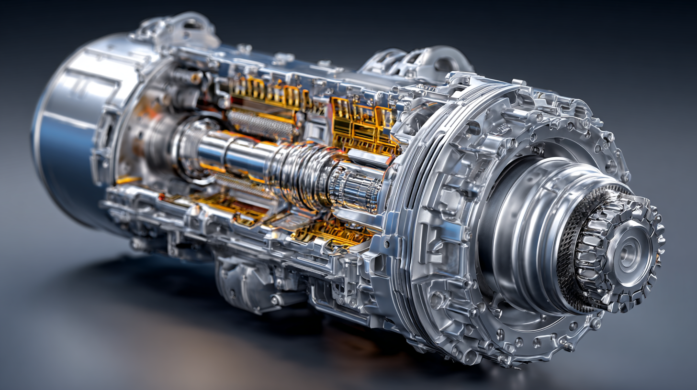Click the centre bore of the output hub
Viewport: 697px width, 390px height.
(628, 254)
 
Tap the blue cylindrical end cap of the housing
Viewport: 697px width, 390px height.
(62, 143)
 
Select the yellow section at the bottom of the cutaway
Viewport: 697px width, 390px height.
(330, 232)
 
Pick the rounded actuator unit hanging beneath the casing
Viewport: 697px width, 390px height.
(244, 287)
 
